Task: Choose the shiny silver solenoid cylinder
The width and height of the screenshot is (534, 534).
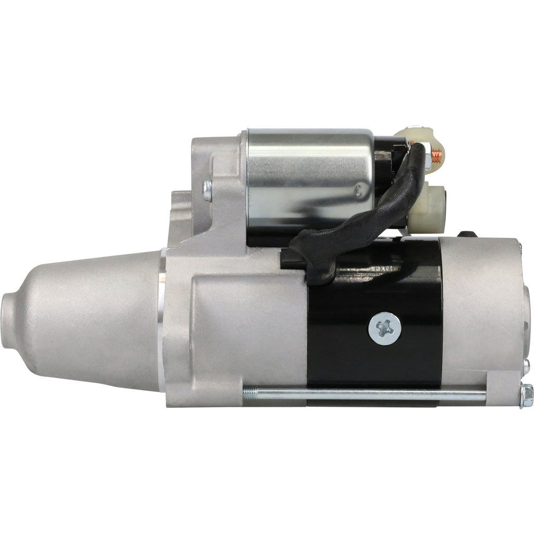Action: tap(308, 172)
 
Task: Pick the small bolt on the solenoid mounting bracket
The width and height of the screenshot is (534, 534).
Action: tap(207, 190)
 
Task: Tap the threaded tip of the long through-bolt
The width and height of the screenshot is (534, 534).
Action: tap(249, 393)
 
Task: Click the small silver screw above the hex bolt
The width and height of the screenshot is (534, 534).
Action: tap(526, 363)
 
